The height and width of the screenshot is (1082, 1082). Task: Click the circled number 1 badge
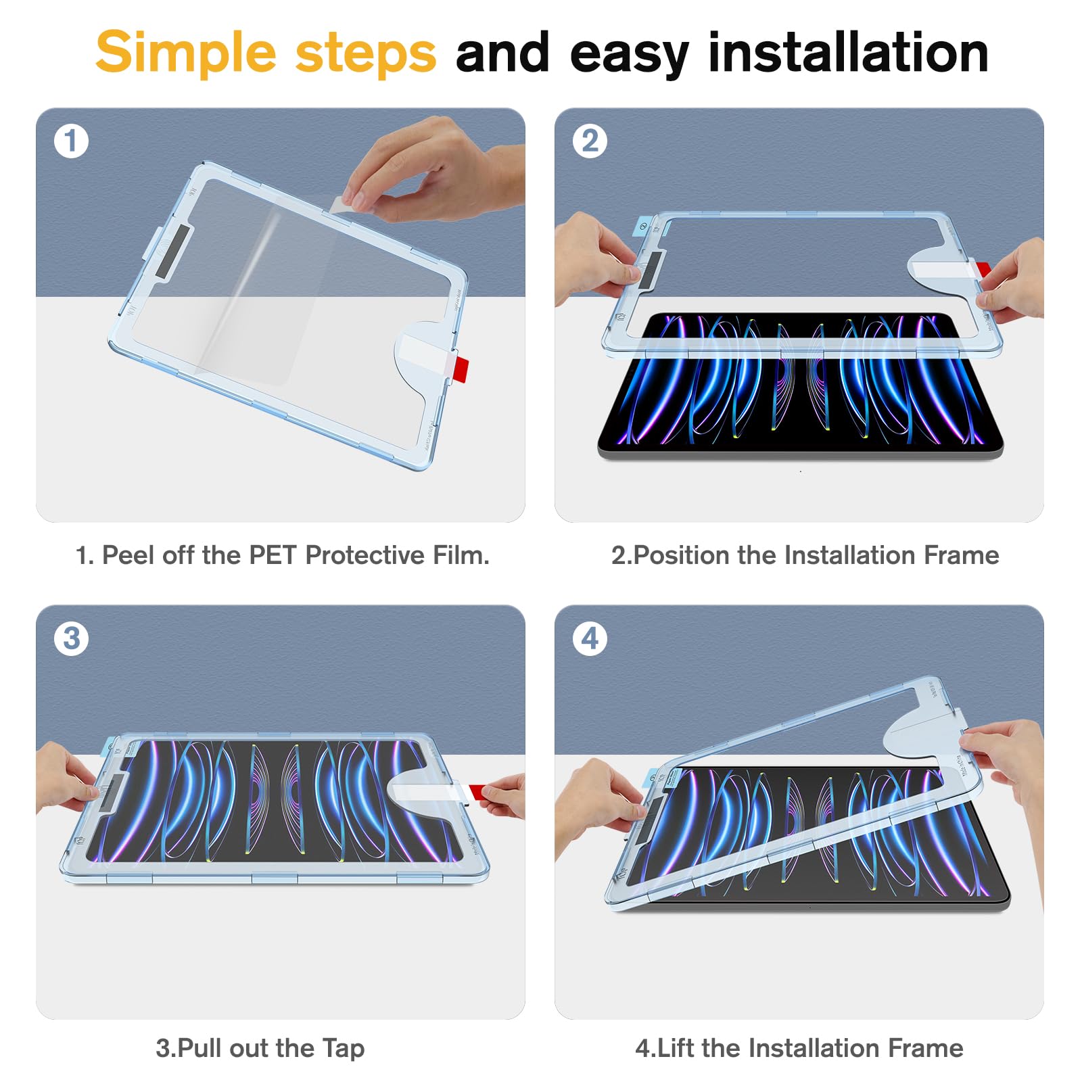71,141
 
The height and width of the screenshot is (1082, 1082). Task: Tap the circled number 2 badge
590,141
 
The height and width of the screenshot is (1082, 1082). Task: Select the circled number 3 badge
71,638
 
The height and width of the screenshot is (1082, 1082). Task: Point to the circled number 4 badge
590,638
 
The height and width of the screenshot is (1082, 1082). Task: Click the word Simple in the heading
185,53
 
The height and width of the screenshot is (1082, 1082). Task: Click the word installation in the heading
848,53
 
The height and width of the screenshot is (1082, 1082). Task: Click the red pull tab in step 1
461,371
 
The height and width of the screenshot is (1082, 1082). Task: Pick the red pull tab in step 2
984,270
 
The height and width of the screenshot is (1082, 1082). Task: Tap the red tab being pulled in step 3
477,792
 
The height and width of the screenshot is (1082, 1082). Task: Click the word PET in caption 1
273,555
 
